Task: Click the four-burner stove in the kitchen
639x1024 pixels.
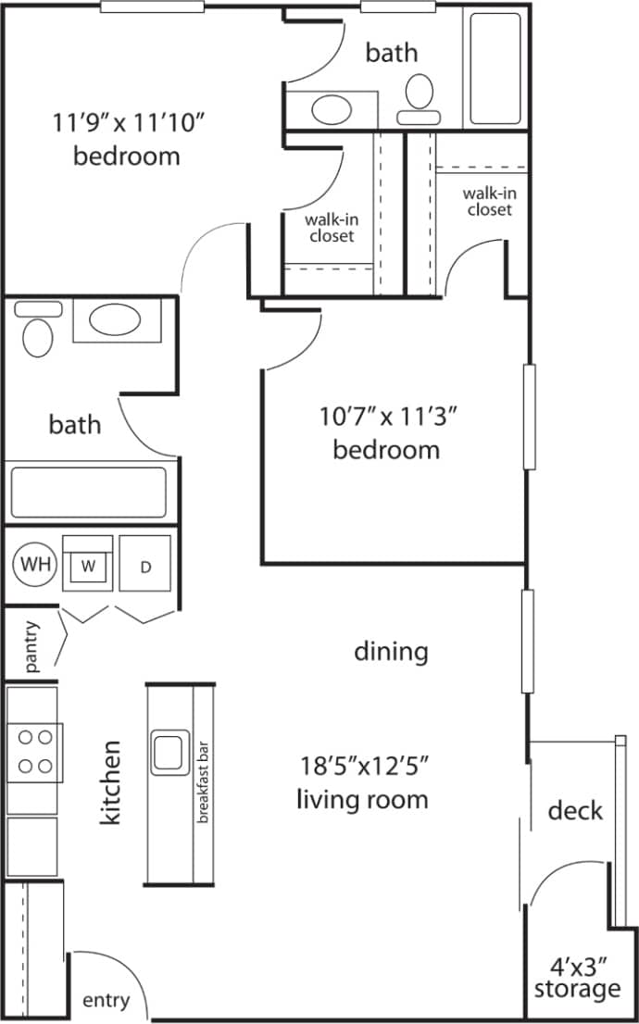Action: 35,751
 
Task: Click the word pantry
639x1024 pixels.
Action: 31,646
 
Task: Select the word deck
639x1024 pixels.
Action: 575,811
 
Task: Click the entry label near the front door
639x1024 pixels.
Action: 106,1001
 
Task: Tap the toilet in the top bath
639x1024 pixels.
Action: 420,99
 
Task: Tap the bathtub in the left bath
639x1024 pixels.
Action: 88,492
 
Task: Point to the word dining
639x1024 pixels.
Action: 391,652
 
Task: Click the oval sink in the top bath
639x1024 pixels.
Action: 332,110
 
